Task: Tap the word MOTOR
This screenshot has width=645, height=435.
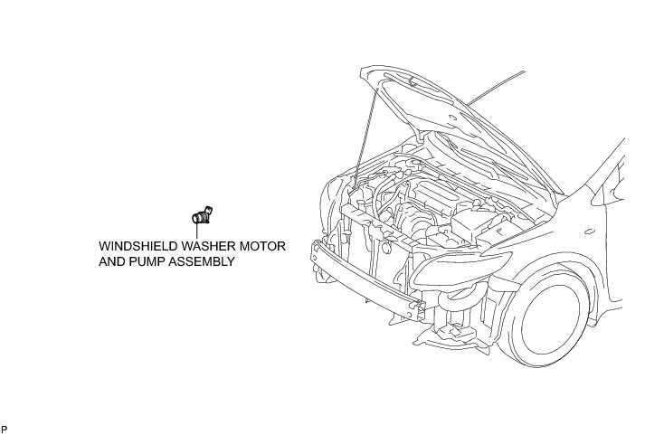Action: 265,246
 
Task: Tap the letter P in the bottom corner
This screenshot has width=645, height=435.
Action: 4,428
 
